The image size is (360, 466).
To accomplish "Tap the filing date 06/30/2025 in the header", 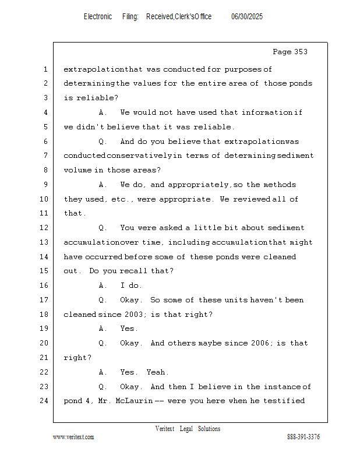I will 247,17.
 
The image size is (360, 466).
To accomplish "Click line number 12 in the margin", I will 44,228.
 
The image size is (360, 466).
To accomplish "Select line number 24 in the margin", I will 44,401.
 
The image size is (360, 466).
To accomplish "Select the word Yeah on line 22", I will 157,372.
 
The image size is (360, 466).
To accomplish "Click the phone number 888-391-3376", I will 303,437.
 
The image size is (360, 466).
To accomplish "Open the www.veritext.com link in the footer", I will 73,437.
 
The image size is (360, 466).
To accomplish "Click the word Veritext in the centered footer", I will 165,429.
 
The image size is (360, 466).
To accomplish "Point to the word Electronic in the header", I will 98,17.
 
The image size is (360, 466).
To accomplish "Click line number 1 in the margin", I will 45,69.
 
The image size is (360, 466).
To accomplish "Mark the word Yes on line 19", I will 128,329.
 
